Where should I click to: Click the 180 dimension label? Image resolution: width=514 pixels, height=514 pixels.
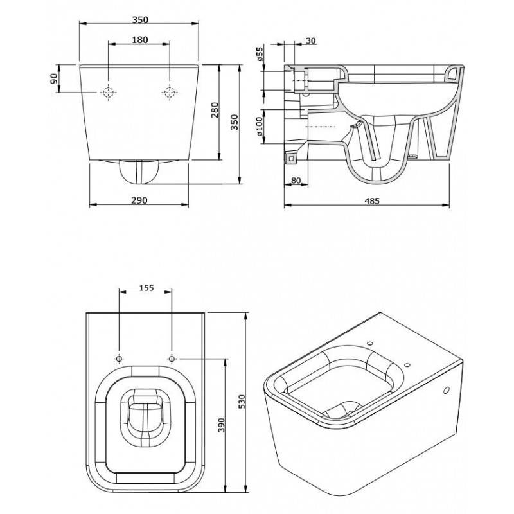click(140, 40)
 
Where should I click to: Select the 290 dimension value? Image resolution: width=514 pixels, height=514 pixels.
click(139, 200)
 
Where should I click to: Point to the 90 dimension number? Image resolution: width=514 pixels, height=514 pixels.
click(54, 78)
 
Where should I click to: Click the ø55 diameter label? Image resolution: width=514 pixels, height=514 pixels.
click(260, 54)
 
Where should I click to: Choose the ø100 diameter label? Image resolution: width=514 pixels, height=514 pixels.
click(259, 127)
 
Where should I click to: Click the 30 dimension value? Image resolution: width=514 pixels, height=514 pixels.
click(311, 40)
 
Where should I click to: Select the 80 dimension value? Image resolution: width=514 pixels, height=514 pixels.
click(296, 181)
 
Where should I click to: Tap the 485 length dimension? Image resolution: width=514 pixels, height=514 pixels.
click(372, 200)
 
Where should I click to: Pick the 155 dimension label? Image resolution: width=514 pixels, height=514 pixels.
click(146, 288)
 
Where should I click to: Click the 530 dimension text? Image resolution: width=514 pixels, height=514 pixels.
click(242, 402)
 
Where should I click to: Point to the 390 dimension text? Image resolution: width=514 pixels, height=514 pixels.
click(222, 425)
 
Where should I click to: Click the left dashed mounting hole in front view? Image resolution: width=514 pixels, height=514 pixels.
click(108, 93)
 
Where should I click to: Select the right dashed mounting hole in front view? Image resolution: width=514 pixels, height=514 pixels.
click(170, 93)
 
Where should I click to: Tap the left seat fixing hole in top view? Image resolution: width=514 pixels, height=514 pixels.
click(120, 359)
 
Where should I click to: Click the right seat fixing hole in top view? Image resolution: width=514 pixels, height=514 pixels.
click(172, 359)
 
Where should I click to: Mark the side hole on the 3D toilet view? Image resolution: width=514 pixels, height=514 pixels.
click(446, 391)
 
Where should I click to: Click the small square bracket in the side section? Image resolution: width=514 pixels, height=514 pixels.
click(291, 159)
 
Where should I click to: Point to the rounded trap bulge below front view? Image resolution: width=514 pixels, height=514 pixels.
click(139, 171)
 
